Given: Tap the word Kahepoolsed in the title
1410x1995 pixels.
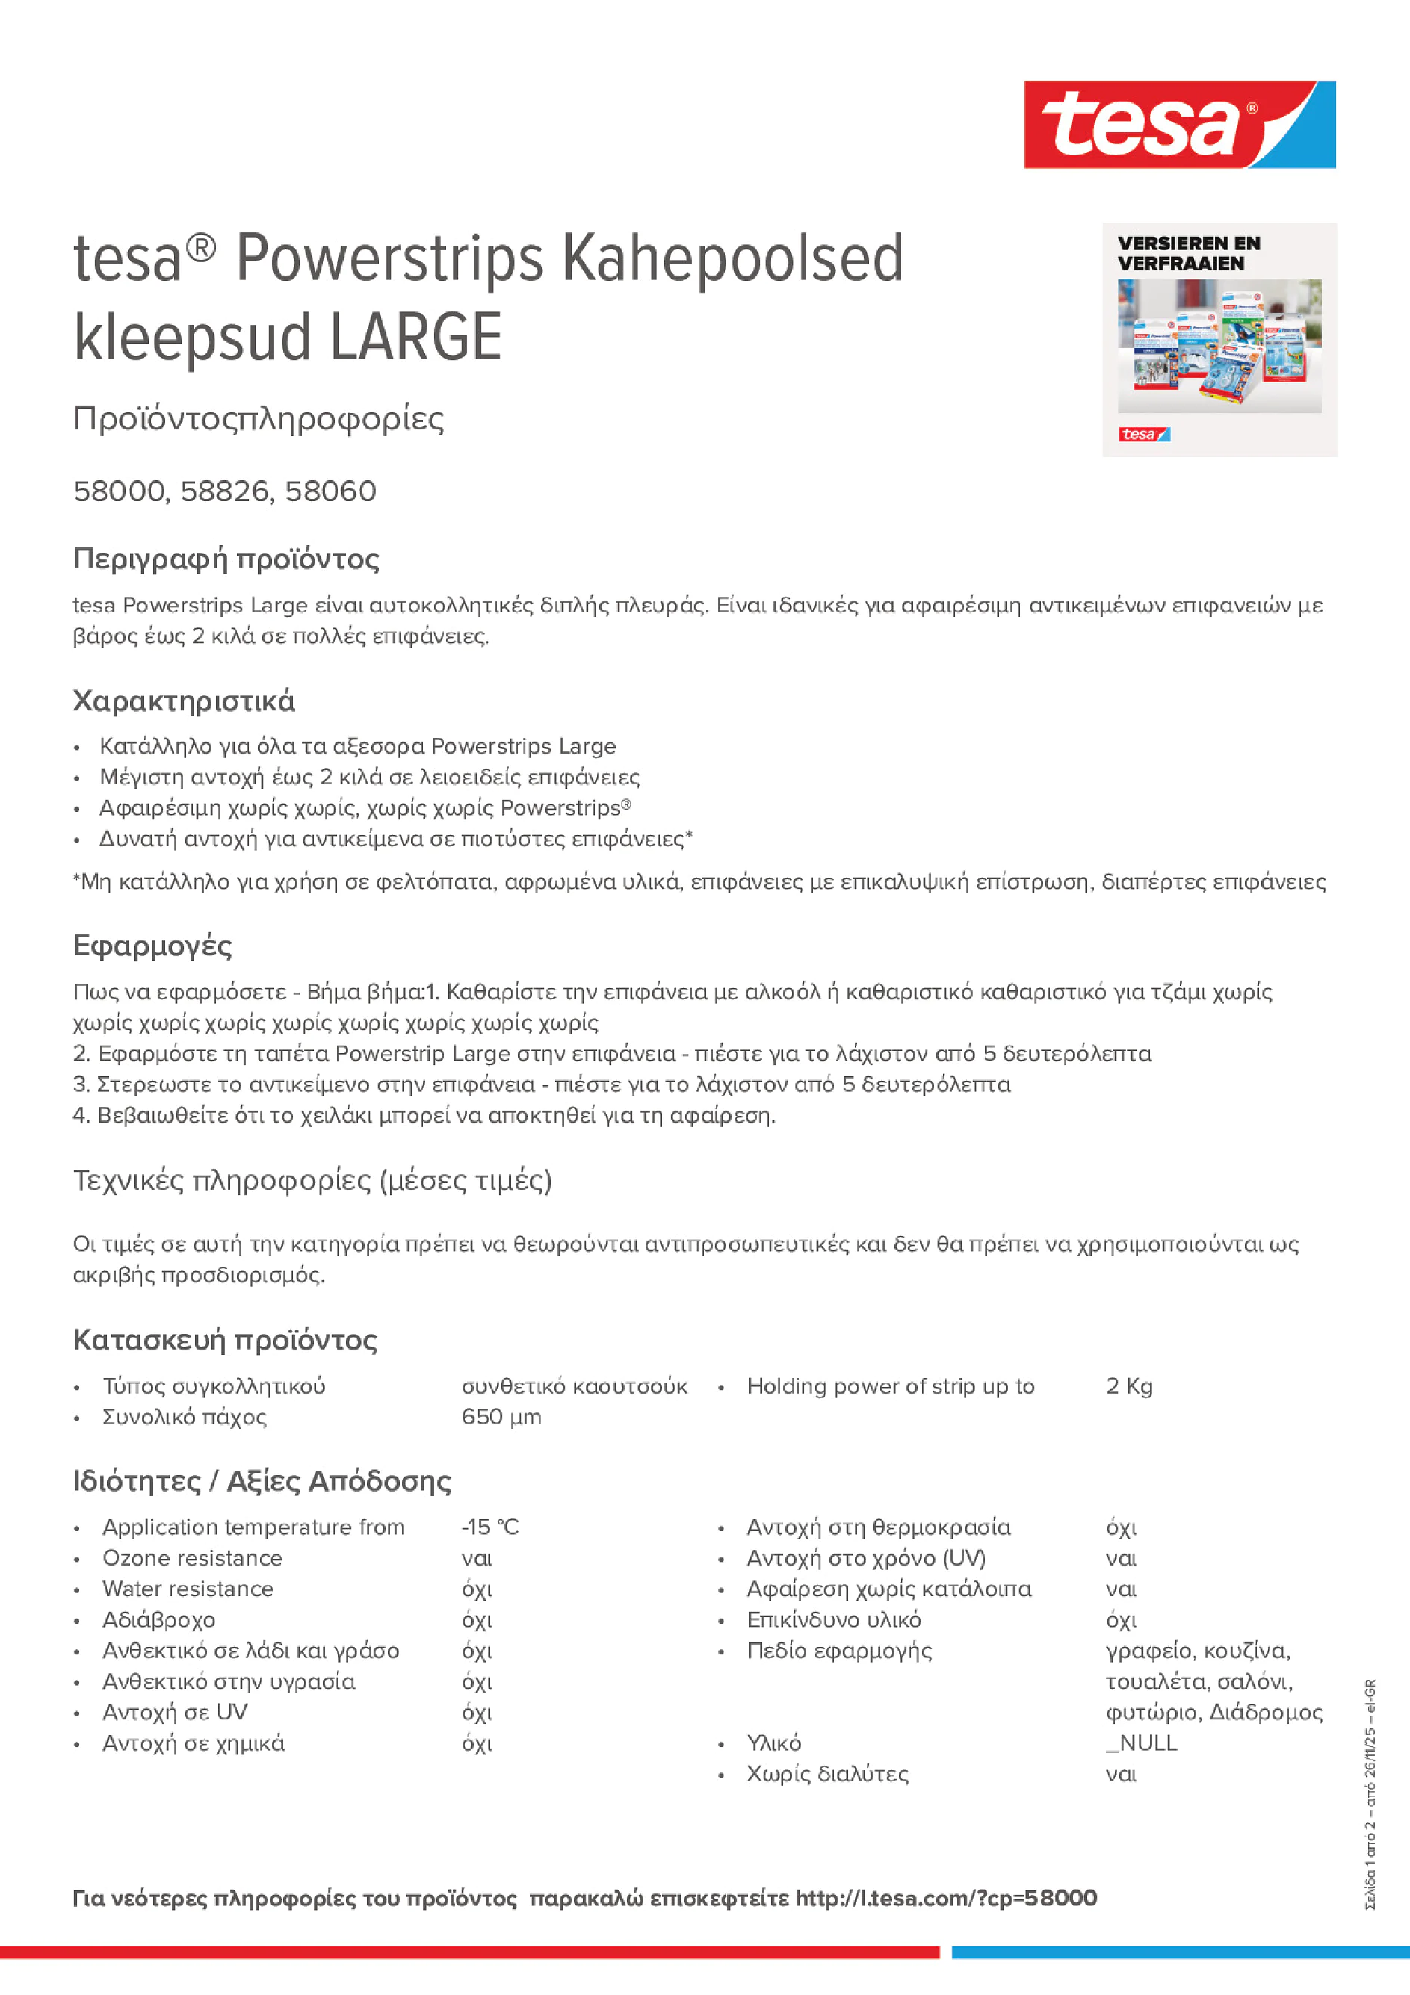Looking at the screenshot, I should click(732, 259).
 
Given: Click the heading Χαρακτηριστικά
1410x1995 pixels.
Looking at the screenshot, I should click(183, 701).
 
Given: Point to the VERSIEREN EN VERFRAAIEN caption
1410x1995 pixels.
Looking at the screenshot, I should click(1187, 253).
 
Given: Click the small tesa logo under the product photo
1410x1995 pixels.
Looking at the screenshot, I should click(1143, 435).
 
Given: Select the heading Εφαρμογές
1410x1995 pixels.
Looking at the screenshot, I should click(152, 946).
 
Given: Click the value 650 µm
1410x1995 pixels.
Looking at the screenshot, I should click(501, 1417).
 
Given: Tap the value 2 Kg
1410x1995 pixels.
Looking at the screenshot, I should click(1128, 1386).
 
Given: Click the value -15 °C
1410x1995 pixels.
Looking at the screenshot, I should click(489, 1527).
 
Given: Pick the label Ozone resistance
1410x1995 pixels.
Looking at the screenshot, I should click(192, 1558).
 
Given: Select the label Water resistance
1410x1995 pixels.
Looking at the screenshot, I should click(188, 1589).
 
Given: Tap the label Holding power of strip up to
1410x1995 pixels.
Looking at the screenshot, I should click(890, 1386).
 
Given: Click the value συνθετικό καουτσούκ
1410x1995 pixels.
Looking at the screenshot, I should click(574, 1386).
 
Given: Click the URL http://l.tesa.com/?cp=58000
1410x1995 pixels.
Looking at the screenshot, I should click(945, 1898).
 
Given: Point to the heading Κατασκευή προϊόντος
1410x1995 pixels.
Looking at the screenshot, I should click(224, 1340).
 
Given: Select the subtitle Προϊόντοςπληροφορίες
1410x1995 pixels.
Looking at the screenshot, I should click(259, 419).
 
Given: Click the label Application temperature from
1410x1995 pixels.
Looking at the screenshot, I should click(253, 1527).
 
